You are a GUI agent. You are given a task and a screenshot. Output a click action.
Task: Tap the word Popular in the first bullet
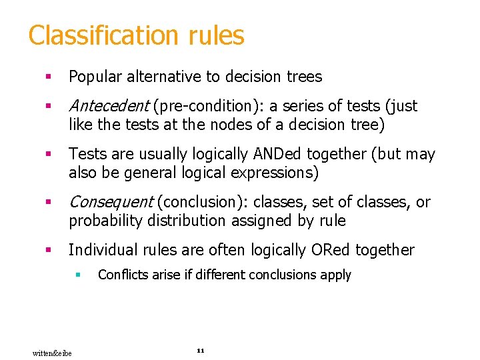tap(93, 77)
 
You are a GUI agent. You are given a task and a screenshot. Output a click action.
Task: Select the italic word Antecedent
tap(109, 106)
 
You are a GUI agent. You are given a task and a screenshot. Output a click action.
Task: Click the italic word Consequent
tap(111, 202)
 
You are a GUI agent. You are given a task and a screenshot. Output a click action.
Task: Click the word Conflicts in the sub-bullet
tap(120, 275)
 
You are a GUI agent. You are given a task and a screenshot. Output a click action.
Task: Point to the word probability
tap(101, 220)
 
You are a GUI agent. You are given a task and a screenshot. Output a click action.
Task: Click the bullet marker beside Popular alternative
tap(48, 77)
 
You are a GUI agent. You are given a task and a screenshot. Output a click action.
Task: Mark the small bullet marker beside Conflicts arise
tap(78, 275)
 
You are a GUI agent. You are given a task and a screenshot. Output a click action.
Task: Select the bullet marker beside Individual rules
tap(48, 251)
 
